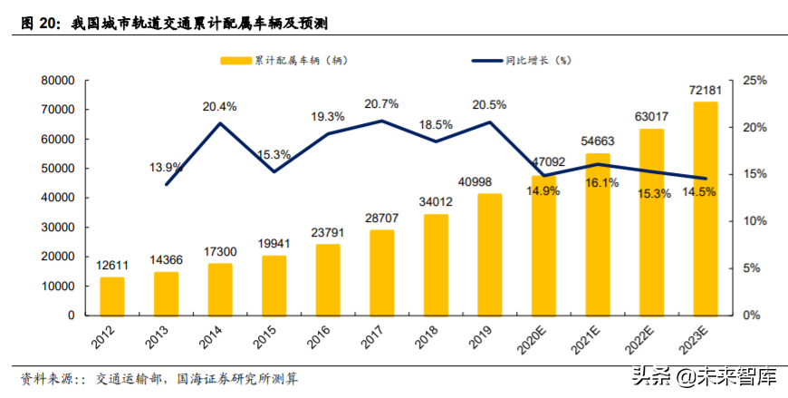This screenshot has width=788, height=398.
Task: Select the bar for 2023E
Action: pos(705,209)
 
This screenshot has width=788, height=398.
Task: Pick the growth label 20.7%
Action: pos(381,104)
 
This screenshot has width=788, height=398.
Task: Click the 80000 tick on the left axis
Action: pos(56,81)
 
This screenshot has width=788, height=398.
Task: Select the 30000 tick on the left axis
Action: pos(56,228)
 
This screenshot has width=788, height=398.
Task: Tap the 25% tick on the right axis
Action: pos(754,81)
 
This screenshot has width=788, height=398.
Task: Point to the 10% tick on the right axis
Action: pos(754,221)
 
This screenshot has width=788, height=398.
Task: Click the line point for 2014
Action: pos(220,123)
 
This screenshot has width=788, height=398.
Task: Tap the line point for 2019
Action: pos(489,122)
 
